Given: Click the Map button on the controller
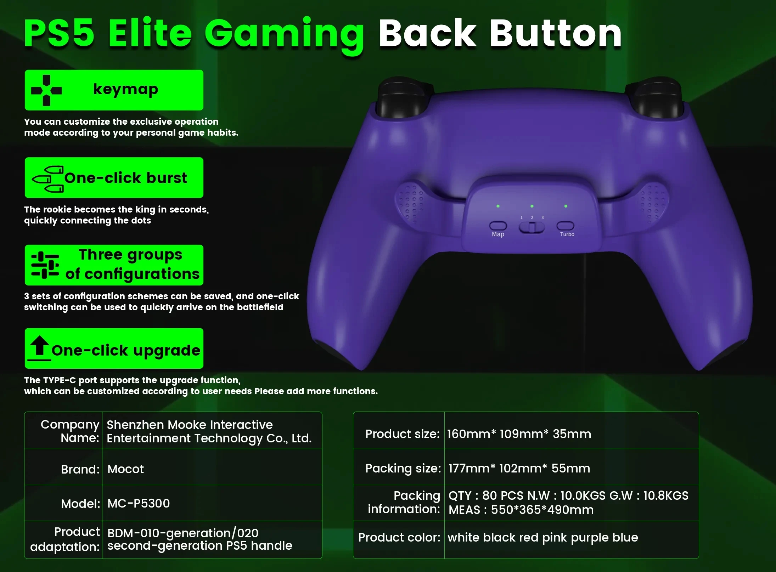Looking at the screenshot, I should click(498, 226).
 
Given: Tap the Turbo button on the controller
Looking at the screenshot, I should click(565, 225).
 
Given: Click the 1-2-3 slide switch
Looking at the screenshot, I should click(532, 227).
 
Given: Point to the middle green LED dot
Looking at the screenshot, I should click(532, 206).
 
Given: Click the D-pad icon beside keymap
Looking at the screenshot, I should click(46, 90).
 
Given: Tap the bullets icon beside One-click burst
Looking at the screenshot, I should click(48, 179).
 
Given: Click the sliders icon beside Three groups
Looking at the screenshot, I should click(45, 265).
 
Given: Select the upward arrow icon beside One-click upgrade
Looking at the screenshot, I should click(39, 347).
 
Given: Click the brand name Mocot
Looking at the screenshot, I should click(125, 469).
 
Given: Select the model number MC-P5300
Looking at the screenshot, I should click(139, 503).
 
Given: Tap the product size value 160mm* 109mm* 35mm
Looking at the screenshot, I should click(519, 434).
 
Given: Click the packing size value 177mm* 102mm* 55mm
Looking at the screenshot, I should click(519, 468).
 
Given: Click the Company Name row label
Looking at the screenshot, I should click(70, 431).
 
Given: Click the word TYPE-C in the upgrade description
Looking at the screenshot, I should click(60, 380).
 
